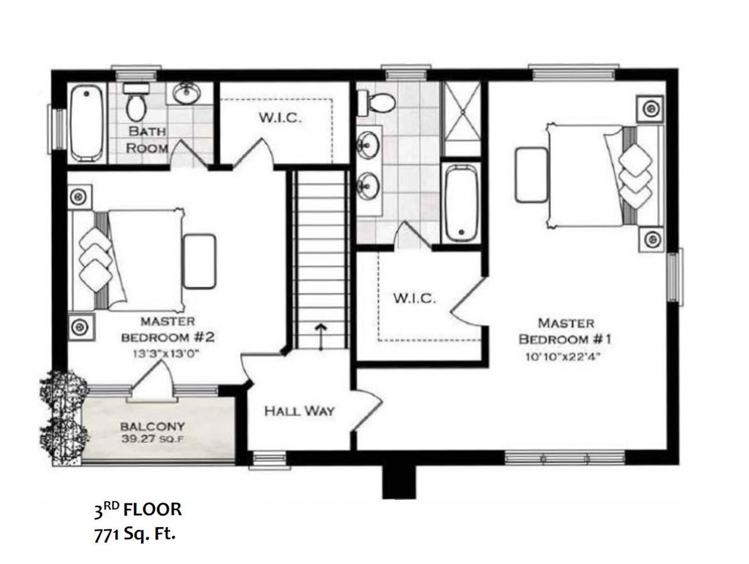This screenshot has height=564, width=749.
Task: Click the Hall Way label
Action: (299, 411)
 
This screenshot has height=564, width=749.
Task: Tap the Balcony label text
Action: (152, 426)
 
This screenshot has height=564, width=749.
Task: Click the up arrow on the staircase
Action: (320, 337)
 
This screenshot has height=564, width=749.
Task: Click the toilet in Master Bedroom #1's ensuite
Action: (377, 102)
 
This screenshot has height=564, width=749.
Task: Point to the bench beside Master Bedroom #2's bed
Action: (200, 261)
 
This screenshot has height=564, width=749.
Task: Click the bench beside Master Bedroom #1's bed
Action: (532, 175)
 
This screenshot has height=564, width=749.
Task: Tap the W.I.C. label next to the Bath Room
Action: (280, 118)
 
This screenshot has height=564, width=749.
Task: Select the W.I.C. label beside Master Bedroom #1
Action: (415, 299)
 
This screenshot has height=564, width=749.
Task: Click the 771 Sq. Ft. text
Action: (135, 535)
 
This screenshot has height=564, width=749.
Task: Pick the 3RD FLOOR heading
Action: (138, 510)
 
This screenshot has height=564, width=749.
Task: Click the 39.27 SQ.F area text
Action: (152, 439)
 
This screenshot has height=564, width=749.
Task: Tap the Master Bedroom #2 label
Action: (168, 329)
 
